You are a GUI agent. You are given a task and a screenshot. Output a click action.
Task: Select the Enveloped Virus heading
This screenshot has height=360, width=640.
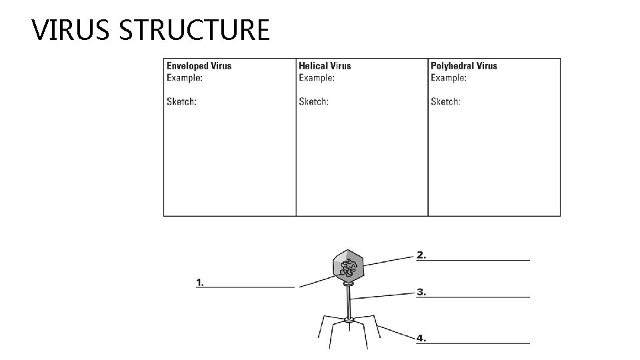pos(199,66)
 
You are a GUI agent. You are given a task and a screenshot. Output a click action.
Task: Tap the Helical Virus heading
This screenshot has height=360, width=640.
pos(325,66)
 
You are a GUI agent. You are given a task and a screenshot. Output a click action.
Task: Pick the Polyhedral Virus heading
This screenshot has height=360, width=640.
pos(463,66)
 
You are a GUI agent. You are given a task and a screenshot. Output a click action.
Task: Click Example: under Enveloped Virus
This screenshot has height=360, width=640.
pos(185,77)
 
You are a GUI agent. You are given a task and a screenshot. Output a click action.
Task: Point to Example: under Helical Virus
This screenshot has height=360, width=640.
pos(317,77)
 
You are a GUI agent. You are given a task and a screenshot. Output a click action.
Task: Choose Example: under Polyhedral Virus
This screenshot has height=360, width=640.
pos(449,77)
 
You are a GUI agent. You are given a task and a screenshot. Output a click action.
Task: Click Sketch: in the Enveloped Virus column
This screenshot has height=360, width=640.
pos(181,102)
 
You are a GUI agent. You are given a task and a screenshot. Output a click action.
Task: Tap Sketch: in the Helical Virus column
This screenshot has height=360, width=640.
pos(313,102)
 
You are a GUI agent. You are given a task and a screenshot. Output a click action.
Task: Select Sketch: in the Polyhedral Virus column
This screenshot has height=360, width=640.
pos(445,102)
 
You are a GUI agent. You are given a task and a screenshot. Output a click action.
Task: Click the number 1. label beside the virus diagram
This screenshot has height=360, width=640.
pos(200,283)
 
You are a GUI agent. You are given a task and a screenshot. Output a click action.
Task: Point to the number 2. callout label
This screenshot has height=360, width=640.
pos(421,255)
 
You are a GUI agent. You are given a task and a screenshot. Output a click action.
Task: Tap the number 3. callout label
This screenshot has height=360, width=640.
pos(421,292)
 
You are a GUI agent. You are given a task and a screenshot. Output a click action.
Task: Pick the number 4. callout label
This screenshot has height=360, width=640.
pos(421,338)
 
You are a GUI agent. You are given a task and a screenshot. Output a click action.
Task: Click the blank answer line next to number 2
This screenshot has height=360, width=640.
pos(479,259)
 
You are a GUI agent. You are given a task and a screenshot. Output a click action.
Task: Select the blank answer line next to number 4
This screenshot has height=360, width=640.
pos(479,343)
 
